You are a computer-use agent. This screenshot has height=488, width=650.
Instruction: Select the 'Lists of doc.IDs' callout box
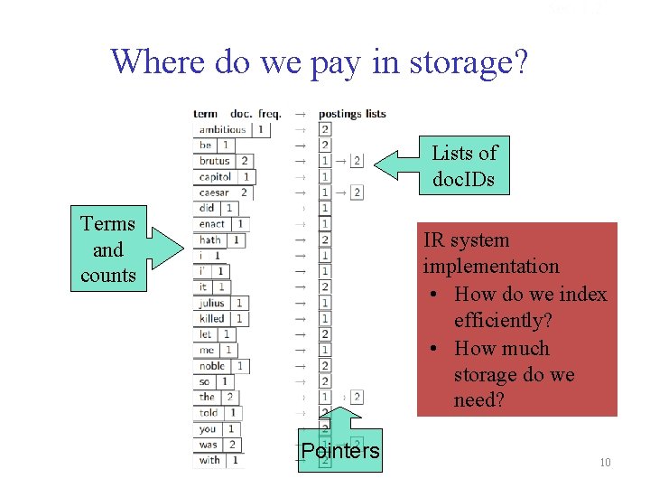point(464,165)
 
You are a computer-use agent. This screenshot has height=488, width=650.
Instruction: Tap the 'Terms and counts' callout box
point(107,249)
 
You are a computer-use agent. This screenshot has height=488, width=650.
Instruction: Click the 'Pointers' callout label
point(340,450)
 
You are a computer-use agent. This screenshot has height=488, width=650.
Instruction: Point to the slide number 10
point(605,463)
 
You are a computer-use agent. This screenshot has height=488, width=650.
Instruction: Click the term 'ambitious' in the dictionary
point(222,129)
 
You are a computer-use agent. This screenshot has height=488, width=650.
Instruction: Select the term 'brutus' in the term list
point(215,161)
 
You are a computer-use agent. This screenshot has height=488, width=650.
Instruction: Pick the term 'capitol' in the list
point(216,177)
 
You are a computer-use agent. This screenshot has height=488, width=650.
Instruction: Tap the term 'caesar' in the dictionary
point(214,192)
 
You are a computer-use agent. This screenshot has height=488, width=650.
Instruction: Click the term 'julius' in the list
point(212,303)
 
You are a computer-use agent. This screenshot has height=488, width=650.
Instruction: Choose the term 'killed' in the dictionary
point(212,318)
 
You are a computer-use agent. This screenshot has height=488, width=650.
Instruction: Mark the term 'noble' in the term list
point(212,366)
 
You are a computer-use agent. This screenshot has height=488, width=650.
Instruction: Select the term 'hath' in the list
point(210,240)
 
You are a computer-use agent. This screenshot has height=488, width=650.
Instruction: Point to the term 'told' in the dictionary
point(209,413)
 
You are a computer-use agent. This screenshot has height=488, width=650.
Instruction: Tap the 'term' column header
point(205,114)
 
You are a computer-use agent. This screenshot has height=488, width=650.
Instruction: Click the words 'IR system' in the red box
point(466,240)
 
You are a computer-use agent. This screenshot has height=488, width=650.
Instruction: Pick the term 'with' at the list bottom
point(209,460)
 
